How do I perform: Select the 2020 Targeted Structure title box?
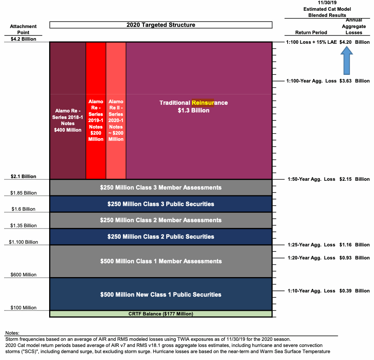(161, 25)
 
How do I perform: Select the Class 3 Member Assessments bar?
(161, 188)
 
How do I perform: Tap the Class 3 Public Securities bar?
(161, 204)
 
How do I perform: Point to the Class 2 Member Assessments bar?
(161, 220)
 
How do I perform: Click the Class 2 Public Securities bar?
(161, 237)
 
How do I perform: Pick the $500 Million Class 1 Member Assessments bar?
(161, 261)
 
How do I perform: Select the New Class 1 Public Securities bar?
(161, 294)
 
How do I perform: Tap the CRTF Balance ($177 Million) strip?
(161, 314)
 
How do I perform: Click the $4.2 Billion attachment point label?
(23, 39)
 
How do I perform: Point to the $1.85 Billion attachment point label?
(23, 193)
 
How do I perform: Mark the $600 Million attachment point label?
(23, 275)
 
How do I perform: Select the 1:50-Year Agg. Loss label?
(311, 179)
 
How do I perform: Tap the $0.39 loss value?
(346, 291)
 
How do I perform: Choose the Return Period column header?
(311, 33)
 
